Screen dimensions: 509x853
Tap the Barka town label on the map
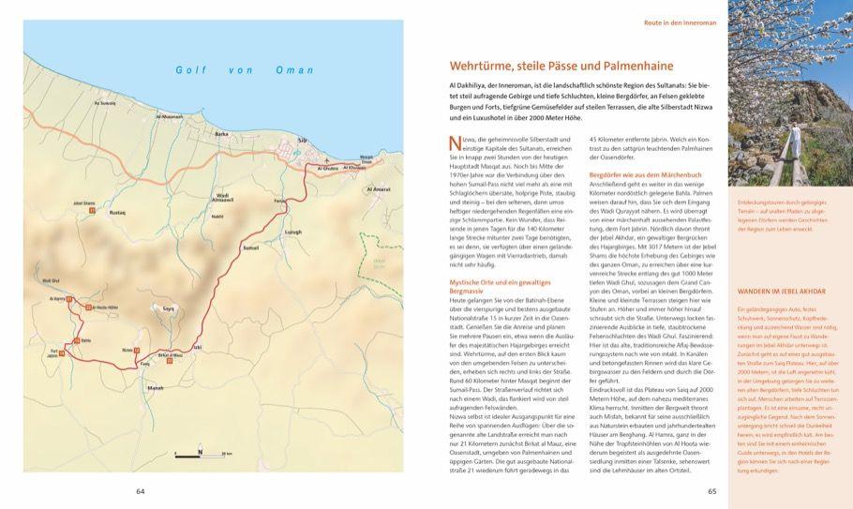221,134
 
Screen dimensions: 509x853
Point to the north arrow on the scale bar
200,453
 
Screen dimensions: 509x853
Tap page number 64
141,490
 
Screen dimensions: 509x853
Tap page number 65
711,490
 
